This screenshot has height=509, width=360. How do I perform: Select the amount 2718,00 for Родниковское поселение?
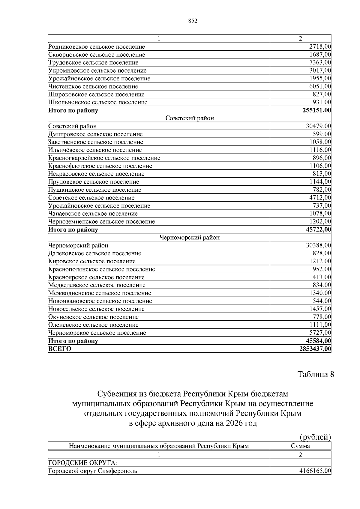(x=320, y=47)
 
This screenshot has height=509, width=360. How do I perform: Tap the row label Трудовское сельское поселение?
(x=93, y=63)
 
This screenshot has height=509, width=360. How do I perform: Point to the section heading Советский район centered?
(x=190, y=118)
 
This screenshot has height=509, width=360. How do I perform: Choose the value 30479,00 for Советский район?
(x=318, y=126)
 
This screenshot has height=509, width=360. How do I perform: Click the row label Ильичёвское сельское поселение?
(x=95, y=150)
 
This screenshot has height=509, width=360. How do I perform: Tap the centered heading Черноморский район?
(x=190, y=238)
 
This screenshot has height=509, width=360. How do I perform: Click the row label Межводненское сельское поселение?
(x=100, y=293)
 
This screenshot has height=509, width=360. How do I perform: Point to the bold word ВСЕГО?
(x=60, y=349)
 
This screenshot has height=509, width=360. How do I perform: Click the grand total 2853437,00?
(x=315, y=349)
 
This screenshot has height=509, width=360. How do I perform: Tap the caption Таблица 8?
(x=316, y=374)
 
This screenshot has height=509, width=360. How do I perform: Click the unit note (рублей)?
(x=315, y=437)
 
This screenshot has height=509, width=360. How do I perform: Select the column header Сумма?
(x=300, y=446)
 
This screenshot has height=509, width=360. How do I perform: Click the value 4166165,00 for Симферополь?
(x=315, y=471)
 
